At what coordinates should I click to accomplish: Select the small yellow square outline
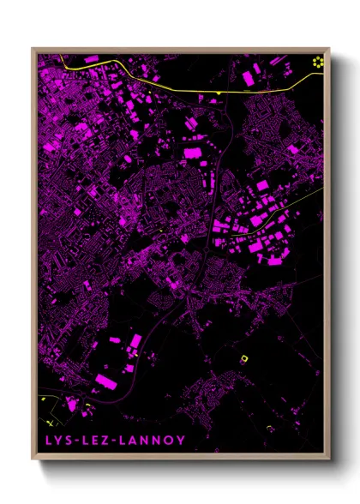[243, 358]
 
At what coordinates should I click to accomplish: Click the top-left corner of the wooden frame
[33, 48]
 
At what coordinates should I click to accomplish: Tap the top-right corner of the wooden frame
[328, 48]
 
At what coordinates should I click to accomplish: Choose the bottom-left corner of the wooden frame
[33, 460]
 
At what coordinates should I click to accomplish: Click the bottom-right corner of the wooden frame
[328, 460]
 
